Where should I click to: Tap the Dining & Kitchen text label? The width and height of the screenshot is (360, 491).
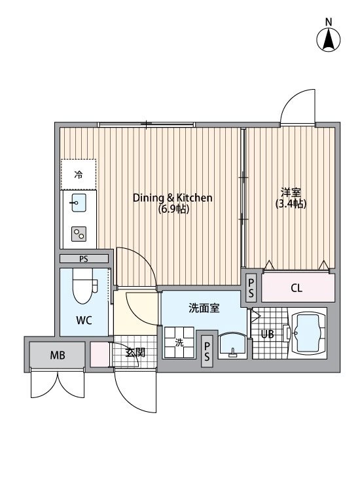click(173, 198)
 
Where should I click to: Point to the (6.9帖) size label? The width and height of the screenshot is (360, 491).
click(173, 209)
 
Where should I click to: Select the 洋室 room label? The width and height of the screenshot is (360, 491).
click(291, 192)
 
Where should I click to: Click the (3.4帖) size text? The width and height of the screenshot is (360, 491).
click(291, 204)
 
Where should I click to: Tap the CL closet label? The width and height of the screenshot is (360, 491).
click(297, 287)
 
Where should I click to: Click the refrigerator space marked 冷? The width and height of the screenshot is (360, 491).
click(79, 175)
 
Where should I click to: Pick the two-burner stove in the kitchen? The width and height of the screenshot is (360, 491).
click(79, 233)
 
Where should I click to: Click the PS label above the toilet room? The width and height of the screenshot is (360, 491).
click(83, 259)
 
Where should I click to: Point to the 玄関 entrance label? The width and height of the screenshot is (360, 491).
click(135, 352)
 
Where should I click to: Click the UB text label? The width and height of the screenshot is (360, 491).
click(267, 334)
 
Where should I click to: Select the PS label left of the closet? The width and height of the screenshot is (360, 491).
click(251, 287)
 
